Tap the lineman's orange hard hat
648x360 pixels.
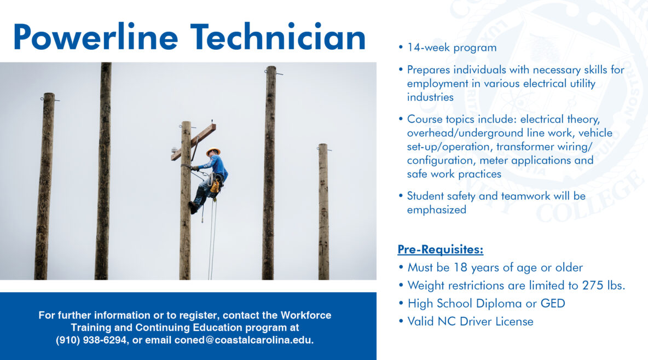pyautogui.click(x=212, y=151)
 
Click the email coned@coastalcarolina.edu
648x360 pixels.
pyautogui.click(x=244, y=340)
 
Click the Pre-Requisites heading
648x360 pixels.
pyautogui.click(x=440, y=250)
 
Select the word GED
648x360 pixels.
pyautogui.click(x=552, y=303)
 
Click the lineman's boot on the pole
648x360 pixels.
pyautogui.click(x=193, y=208)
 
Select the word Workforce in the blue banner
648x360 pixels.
pyautogui.click(x=305, y=316)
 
